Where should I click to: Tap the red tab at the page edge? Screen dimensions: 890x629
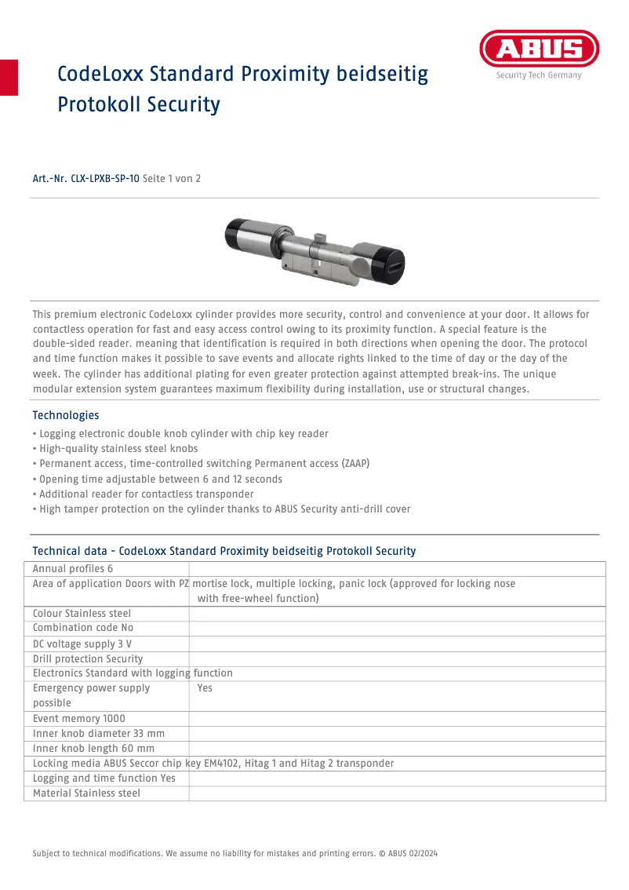tap(9, 77)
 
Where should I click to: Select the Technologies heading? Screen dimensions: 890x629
tap(66, 415)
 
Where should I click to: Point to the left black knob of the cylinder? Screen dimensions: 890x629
tap(239, 236)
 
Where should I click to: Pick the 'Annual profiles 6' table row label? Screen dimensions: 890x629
tap(73, 569)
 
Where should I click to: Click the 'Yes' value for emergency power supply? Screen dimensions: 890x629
tap(205, 688)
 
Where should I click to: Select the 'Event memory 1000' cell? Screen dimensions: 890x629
tap(79, 719)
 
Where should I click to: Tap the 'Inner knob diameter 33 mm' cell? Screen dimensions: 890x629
tap(99, 734)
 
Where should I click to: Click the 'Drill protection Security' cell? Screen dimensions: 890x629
tap(88, 659)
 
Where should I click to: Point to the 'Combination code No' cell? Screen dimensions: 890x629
tap(83, 629)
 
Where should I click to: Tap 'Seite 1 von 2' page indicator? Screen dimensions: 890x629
tap(172, 179)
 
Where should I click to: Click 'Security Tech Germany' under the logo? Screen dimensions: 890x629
tap(538, 76)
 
